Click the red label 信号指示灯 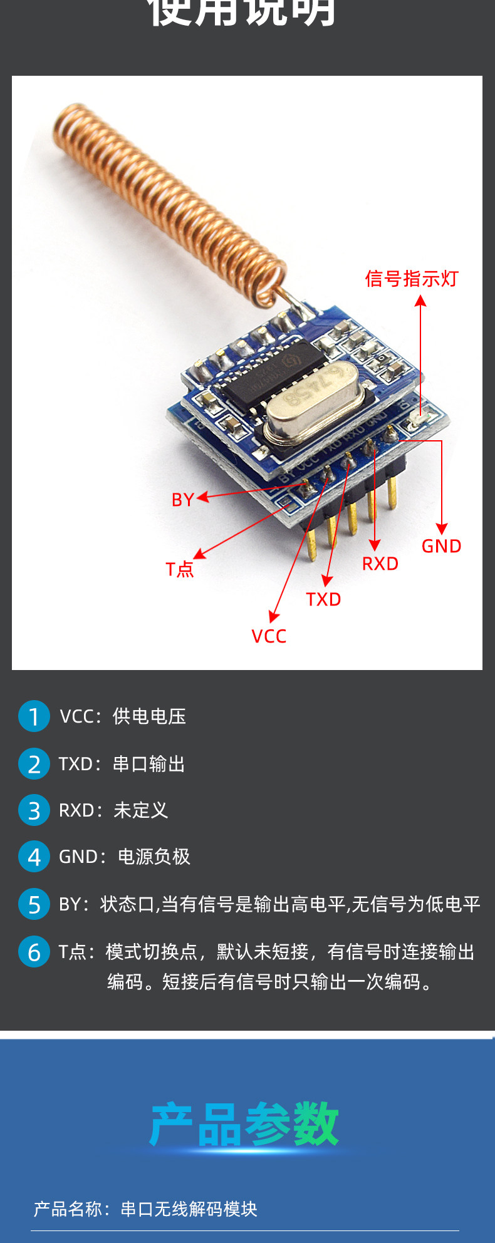[412, 279]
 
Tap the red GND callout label [441, 546]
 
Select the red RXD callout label [380, 564]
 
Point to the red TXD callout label [323, 599]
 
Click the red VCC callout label [269, 636]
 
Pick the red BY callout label [182, 500]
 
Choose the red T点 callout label [180, 569]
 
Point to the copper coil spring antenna [169, 200]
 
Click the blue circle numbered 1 [34, 716]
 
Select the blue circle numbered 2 [34, 764]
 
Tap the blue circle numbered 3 [34, 810]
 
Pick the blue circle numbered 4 [34, 857]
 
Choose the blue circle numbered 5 [34, 904]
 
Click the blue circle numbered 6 [34, 952]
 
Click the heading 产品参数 [244, 1125]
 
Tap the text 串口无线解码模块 [189, 1209]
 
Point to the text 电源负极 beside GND [154, 857]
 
